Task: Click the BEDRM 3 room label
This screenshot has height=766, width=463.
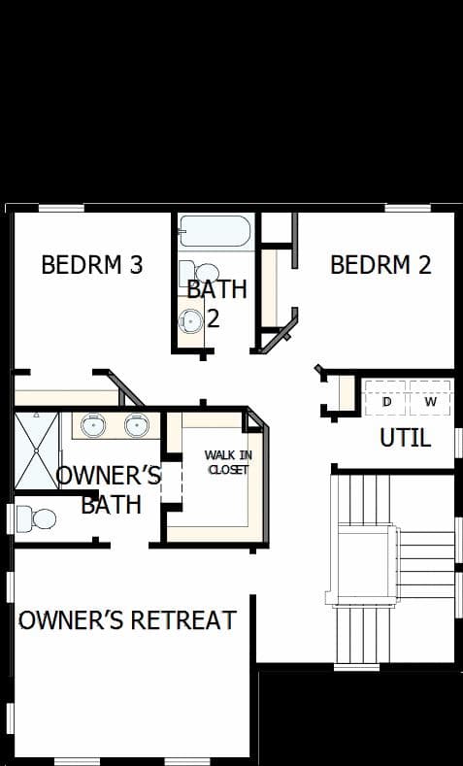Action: click(92, 265)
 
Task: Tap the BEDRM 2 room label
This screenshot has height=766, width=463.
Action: click(380, 265)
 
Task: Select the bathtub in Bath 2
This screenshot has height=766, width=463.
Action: click(215, 231)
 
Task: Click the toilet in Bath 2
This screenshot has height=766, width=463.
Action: click(199, 272)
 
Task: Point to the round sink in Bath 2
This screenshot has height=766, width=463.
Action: click(190, 321)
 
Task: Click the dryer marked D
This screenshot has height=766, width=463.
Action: click(386, 398)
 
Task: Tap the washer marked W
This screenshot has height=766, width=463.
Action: click(430, 398)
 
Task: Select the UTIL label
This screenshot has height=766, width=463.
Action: click(406, 438)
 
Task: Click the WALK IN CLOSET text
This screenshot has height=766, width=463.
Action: click(228, 463)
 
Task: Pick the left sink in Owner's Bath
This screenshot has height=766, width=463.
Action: click(93, 425)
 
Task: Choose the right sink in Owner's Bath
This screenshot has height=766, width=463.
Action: click(136, 425)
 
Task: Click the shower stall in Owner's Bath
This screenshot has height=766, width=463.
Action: click(37, 450)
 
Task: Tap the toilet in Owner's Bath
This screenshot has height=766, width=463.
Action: click(36, 518)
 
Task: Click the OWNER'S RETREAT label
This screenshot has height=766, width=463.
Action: click(127, 620)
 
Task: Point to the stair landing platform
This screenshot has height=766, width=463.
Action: click(365, 564)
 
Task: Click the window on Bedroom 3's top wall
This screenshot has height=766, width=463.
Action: click(61, 208)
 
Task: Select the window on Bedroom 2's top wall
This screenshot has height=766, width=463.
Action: click(408, 208)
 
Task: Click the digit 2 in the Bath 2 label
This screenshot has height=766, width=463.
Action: click(214, 318)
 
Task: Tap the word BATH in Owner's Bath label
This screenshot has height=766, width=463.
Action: click(112, 504)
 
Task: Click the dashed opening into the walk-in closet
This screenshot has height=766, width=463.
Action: click(172, 483)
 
